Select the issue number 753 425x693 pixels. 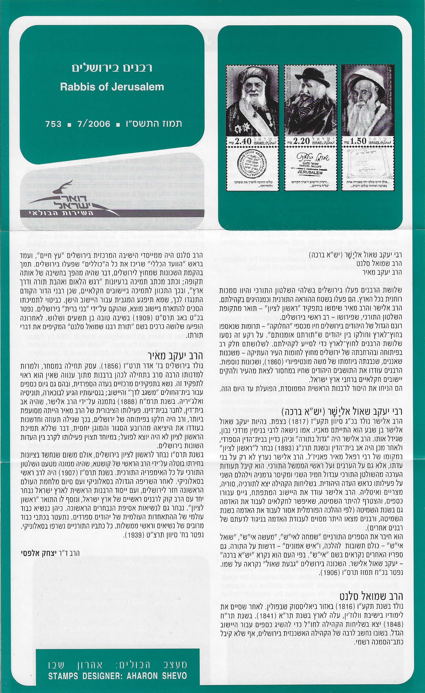pos(53,124)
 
